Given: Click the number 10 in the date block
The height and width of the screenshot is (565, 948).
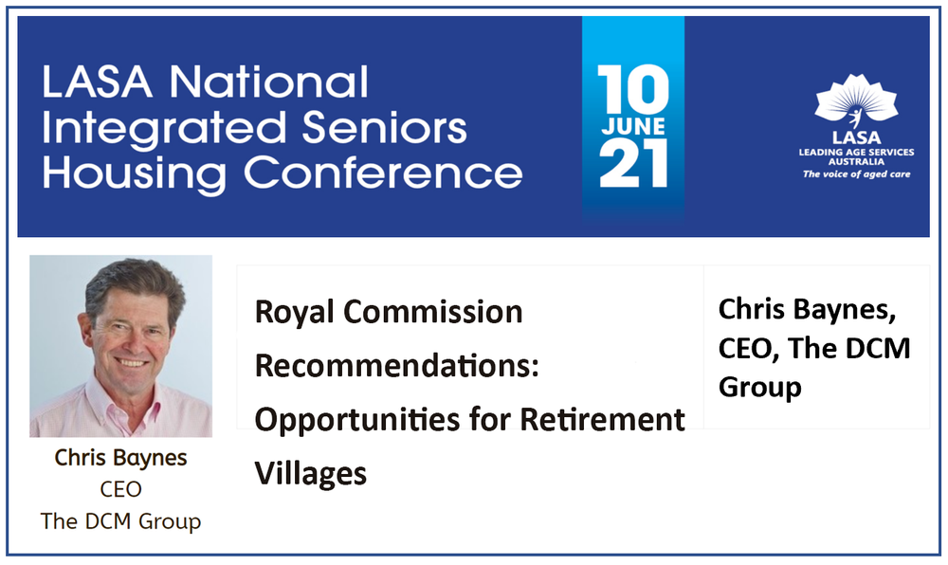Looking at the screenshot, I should (x=633, y=90).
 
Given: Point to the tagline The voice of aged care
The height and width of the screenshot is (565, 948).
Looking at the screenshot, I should (x=856, y=174).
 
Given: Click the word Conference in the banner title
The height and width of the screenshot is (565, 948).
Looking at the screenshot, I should (x=383, y=173).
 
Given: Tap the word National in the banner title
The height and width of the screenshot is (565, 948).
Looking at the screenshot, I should (x=271, y=82).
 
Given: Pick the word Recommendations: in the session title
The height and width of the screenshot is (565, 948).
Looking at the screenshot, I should (x=397, y=365).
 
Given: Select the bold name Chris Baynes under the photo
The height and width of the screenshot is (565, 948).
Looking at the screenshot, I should (x=120, y=458).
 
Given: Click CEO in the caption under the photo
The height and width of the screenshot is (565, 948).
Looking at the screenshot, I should (x=120, y=489).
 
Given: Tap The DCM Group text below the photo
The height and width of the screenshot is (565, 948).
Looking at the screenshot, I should (x=120, y=520).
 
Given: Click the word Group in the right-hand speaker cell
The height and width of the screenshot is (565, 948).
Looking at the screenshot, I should (x=759, y=387).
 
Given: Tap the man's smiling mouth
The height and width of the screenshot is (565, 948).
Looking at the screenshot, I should (x=131, y=362).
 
